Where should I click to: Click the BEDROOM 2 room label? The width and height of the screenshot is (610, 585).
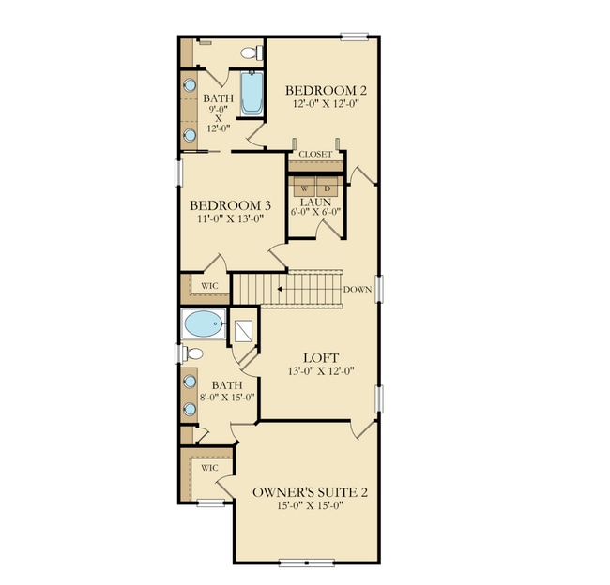tap(326, 90)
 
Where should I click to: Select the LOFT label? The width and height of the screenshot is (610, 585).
tap(320, 357)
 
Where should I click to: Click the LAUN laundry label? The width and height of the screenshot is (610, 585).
tap(313, 202)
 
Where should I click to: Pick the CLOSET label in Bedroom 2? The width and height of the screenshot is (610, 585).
tap(315, 154)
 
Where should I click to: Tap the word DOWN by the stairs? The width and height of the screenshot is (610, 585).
tap(358, 289)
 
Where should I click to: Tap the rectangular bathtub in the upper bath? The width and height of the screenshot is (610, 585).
tap(251, 94)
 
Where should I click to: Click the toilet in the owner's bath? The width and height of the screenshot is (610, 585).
tap(193, 354)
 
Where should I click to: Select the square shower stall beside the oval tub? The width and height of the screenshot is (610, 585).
tap(244, 330)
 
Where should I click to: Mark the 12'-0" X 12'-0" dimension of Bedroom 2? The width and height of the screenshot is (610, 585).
tap(326, 105)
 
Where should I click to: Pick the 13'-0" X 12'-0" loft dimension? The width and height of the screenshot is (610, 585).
tap(320, 372)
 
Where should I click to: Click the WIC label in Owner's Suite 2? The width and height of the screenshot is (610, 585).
tap(209, 466)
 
